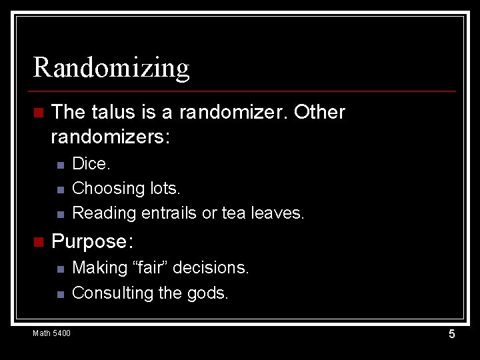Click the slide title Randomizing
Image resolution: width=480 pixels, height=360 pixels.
111,68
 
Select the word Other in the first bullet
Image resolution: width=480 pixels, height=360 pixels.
319,112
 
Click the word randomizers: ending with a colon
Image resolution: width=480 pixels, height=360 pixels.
111,137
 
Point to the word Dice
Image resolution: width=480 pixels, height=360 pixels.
91,164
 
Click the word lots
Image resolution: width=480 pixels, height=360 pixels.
165,189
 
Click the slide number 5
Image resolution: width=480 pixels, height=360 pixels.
451,334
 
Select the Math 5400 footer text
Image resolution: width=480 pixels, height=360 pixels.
51,333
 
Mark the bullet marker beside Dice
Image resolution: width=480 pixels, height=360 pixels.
59,165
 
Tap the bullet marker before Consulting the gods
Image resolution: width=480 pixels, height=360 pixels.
59,293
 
